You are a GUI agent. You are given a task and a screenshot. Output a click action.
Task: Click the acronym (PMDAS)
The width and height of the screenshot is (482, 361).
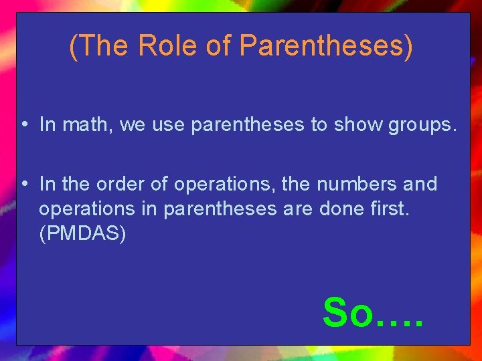(x=82, y=235)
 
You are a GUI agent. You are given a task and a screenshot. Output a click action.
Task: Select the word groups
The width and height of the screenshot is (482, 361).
(x=423, y=125)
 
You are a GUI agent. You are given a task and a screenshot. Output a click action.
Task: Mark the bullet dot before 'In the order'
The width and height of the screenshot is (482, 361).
(x=24, y=184)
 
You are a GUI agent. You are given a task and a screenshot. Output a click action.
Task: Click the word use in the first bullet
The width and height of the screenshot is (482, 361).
(x=171, y=125)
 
